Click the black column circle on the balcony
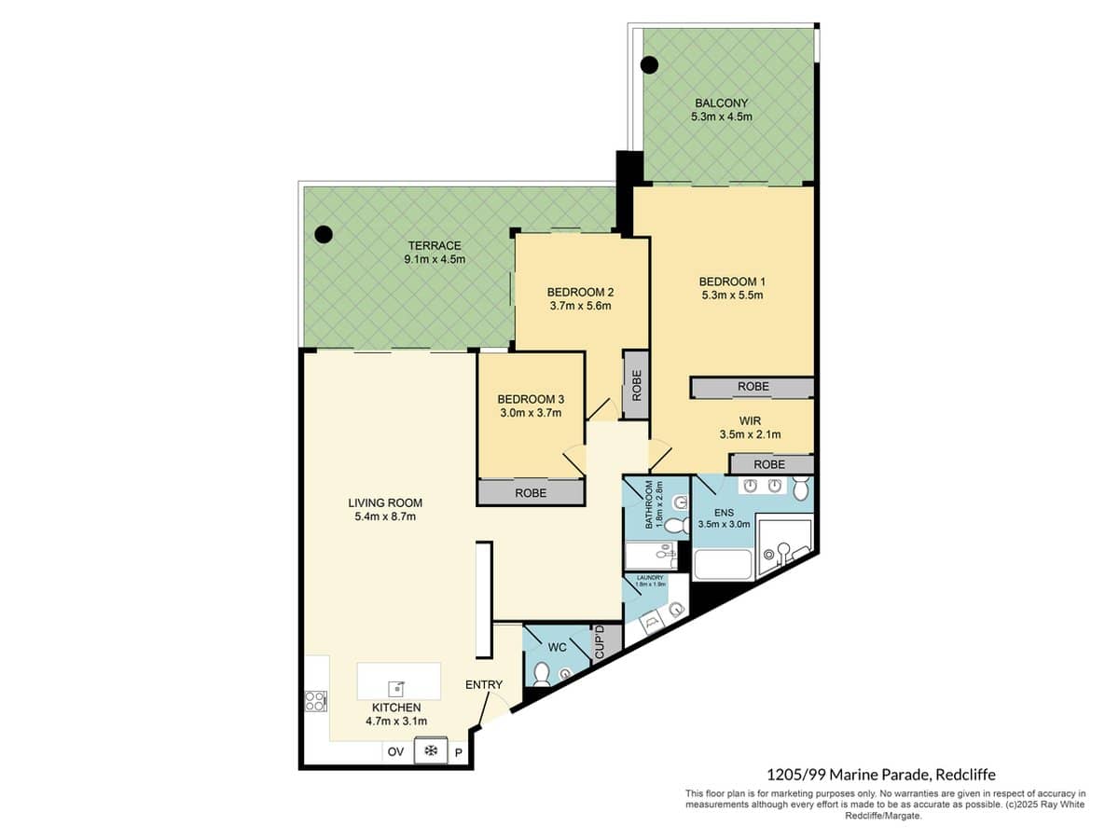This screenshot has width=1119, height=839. click(x=649, y=65)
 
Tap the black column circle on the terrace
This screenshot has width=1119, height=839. click(x=323, y=235)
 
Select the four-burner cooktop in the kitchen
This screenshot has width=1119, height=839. click(x=315, y=700)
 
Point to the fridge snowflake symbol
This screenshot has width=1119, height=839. click(x=430, y=751)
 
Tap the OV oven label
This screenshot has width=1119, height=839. click(x=395, y=751)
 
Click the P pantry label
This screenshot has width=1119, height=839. click(x=459, y=751)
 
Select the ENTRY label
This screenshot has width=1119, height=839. click(x=484, y=684)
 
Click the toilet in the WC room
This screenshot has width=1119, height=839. click(x=542, y=673)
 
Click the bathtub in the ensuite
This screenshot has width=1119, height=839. click(x=724, y=565)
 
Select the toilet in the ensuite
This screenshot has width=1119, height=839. click(x=801, y=487)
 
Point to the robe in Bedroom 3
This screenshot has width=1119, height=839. click(x=531, y=492)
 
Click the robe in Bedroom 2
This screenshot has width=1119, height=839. click(x=636, y=384)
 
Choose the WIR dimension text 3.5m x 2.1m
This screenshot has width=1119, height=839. click(x=750, y=434)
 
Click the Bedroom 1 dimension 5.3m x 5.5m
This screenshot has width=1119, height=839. click(x=732, y=296)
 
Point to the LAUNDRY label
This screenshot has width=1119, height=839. click(x=651, y=578)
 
